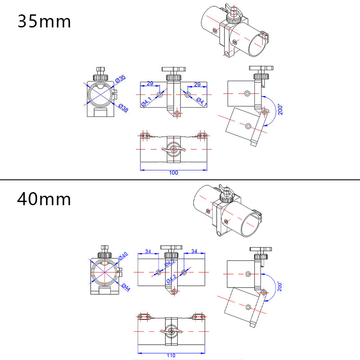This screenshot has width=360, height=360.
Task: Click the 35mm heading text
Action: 44,21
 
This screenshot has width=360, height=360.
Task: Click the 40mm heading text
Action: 44,198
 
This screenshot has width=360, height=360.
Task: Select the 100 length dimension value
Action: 174,173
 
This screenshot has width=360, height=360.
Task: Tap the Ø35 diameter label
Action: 120,79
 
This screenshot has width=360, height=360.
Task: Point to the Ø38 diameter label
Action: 122,108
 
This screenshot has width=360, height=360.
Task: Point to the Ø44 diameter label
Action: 125,287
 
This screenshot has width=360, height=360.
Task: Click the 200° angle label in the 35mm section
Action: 280,110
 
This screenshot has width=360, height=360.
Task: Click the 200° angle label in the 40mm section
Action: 280,287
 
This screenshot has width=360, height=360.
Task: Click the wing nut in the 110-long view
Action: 171,332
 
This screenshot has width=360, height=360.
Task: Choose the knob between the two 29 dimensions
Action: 174,72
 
